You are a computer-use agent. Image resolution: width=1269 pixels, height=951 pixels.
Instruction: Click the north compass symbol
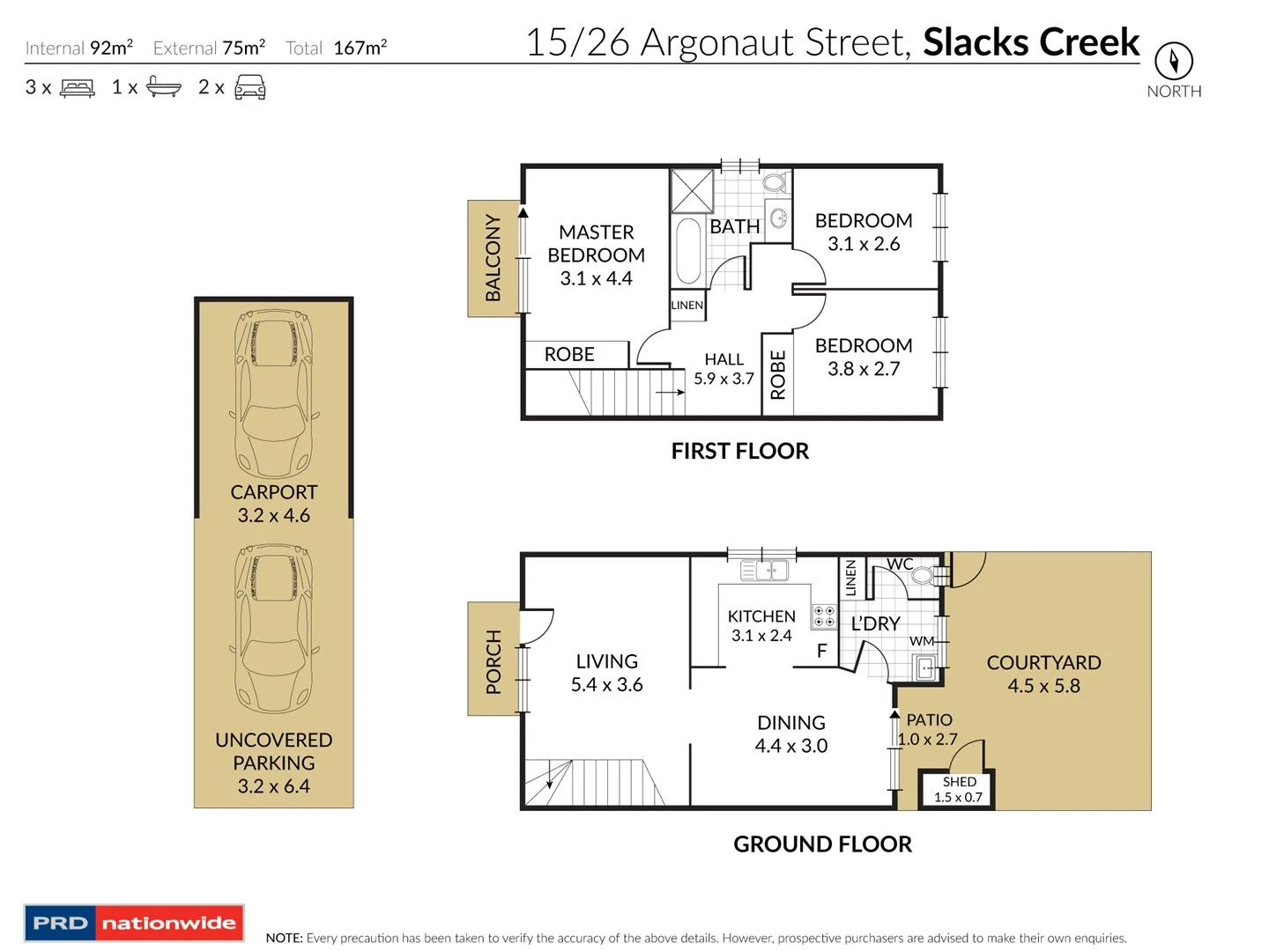(x=1173, y=61)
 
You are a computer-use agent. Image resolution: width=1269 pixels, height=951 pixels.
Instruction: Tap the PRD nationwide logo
(x=134, y=922)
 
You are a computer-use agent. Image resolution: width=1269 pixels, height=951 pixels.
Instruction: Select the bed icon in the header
(x=77, y=88)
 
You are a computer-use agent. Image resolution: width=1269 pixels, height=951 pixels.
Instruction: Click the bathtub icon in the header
(x=164, y=86)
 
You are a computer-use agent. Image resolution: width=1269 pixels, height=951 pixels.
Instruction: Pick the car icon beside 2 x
(x=249, y=87)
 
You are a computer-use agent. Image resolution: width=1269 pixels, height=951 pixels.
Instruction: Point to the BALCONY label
(x=493, y=257)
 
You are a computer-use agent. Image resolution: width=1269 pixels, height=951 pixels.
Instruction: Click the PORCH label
(x=493, y=661)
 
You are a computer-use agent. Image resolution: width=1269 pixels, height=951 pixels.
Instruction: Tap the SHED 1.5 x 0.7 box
(x=957, y=789)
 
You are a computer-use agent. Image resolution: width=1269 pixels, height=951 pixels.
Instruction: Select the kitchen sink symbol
(x=764, y=571)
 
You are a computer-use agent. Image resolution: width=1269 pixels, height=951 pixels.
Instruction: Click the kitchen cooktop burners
(x=824, y=616)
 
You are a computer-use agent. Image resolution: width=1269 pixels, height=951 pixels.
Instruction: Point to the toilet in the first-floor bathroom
(x=774, y=183)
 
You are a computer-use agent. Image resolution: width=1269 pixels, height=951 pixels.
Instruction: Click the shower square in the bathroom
(x=692, y=191)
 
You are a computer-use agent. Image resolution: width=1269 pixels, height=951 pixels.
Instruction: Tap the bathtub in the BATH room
(x=688, y=251)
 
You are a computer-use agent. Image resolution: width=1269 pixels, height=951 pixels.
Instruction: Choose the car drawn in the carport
(x=274, y=394)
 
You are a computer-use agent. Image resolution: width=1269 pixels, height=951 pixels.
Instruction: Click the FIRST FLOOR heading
(x=739, y=451)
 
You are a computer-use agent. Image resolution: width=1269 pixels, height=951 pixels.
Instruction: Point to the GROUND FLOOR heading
(x=822, y=844)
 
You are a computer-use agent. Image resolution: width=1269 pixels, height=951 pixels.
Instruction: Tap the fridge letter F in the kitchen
(x=821, y=651)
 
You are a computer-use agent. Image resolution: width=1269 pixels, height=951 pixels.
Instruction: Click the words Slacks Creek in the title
(x=1031, y=42)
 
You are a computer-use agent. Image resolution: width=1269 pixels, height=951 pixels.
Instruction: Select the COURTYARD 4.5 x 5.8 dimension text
(x=1043, y=685)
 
